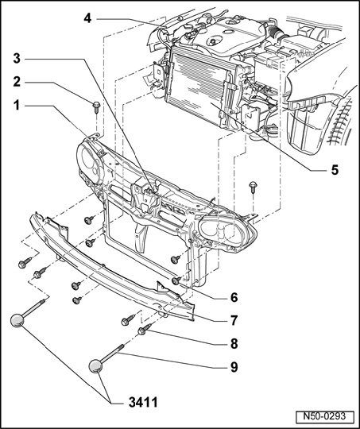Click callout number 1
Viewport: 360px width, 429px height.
pos(17,106)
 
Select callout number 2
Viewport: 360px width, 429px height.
pos(17,82)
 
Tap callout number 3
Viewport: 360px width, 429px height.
pos(17,58)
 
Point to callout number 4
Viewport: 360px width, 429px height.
pos(87,18)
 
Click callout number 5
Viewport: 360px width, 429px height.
pos(335,170)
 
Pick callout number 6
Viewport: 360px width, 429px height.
pos(234,297)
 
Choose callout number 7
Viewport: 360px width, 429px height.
pos(234,320)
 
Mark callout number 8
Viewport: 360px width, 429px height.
pos(234,344)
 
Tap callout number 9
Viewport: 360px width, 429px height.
pos(234,367)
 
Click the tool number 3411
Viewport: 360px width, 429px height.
pos(143,403)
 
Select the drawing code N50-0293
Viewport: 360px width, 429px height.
pos(324,416)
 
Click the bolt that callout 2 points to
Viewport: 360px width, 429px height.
pos(96,107)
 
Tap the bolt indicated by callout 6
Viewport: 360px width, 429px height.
pos(176,280)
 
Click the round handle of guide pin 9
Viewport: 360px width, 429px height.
pos(96,366)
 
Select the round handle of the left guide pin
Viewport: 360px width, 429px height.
pos(17,320)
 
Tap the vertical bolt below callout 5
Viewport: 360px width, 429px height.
pos(253,187)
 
